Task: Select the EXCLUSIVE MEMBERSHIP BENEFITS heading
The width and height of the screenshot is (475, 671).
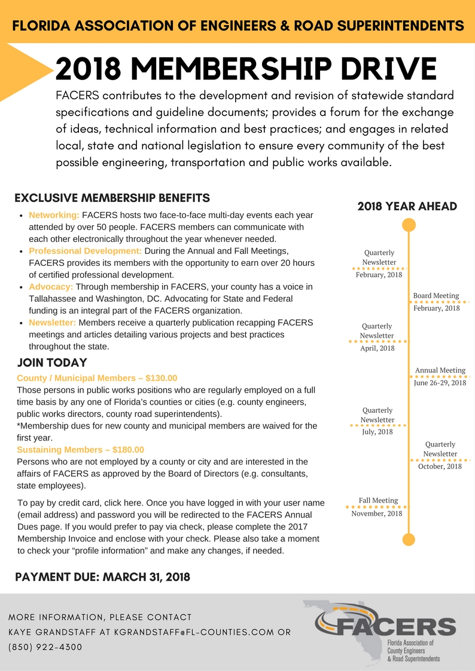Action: point(112,198)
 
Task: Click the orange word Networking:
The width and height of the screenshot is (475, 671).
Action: point(54,215)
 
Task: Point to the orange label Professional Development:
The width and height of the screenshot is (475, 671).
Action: point(85,251)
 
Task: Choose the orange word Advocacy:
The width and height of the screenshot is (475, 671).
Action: point(51,287)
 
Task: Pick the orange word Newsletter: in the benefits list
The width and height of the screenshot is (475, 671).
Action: point(52,323)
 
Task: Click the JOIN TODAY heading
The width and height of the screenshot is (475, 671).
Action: point(52,363)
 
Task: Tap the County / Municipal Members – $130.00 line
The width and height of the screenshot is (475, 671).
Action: point(97,378)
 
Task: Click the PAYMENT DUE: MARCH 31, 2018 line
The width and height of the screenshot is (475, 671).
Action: point(102,577)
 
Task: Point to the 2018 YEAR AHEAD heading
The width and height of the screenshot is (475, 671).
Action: point(407,206)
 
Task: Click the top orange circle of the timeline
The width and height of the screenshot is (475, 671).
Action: point(409,225)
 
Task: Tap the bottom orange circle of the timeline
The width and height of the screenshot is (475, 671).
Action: point(409,539)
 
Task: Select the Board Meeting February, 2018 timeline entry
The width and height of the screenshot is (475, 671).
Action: point(436,302)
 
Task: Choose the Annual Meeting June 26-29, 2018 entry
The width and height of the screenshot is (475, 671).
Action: point(440,376)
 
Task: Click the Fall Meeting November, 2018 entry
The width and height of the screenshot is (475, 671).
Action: point(377,507)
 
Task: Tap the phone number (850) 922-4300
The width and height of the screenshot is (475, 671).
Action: point(45,647)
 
